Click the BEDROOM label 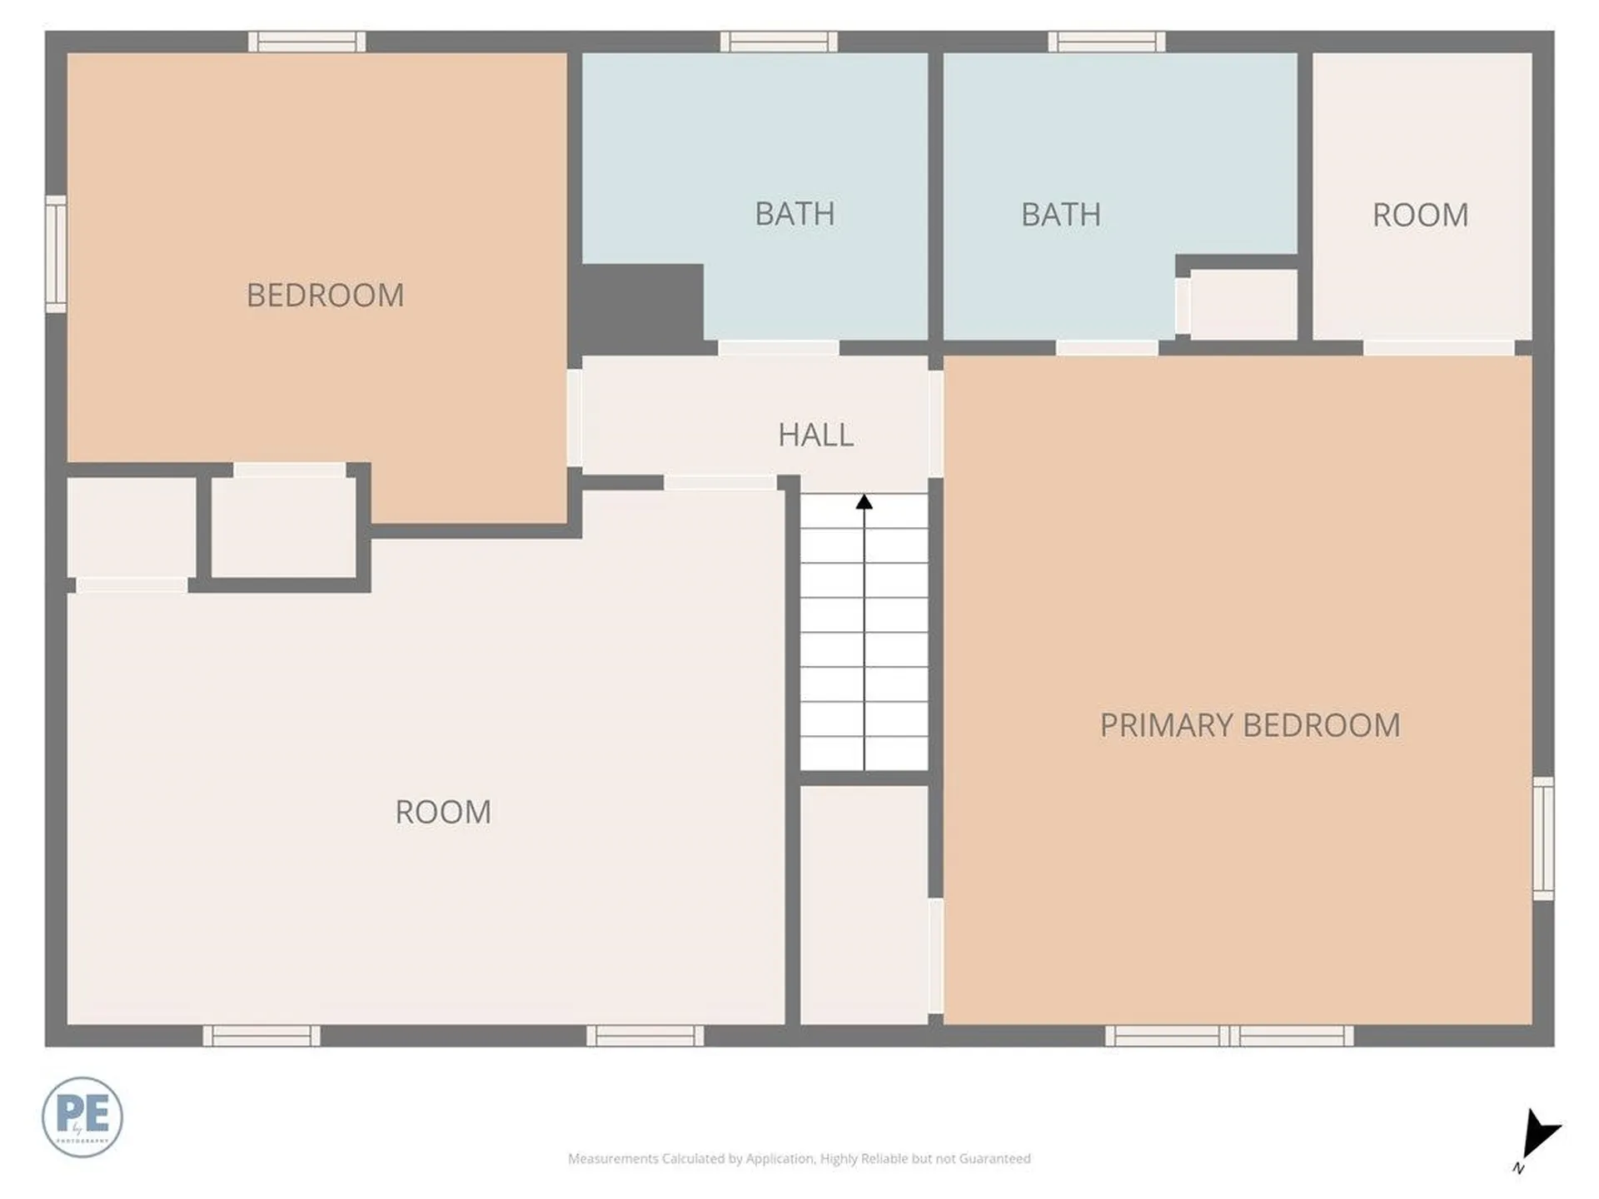click(325, 296)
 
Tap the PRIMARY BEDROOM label click(1249, 725)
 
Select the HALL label click(815, 435)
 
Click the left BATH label click(795, 214)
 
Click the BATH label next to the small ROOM click(1061, 215)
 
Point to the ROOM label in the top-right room click(1420, 215)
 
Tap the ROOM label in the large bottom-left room click(442, 812)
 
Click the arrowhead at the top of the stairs click(864, 501)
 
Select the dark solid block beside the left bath click(640, 302)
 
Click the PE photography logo click(82, 1117)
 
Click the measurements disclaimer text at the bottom click(799, 1158)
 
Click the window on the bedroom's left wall click(56, 254)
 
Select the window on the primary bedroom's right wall click(1543, 838)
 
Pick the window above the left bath click(779, 42)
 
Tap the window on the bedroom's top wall click(307, 42)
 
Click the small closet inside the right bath click(1243, 304)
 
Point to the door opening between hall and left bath click(779, 348)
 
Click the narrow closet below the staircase click(864, 904)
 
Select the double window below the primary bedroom click(1229, 1036)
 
